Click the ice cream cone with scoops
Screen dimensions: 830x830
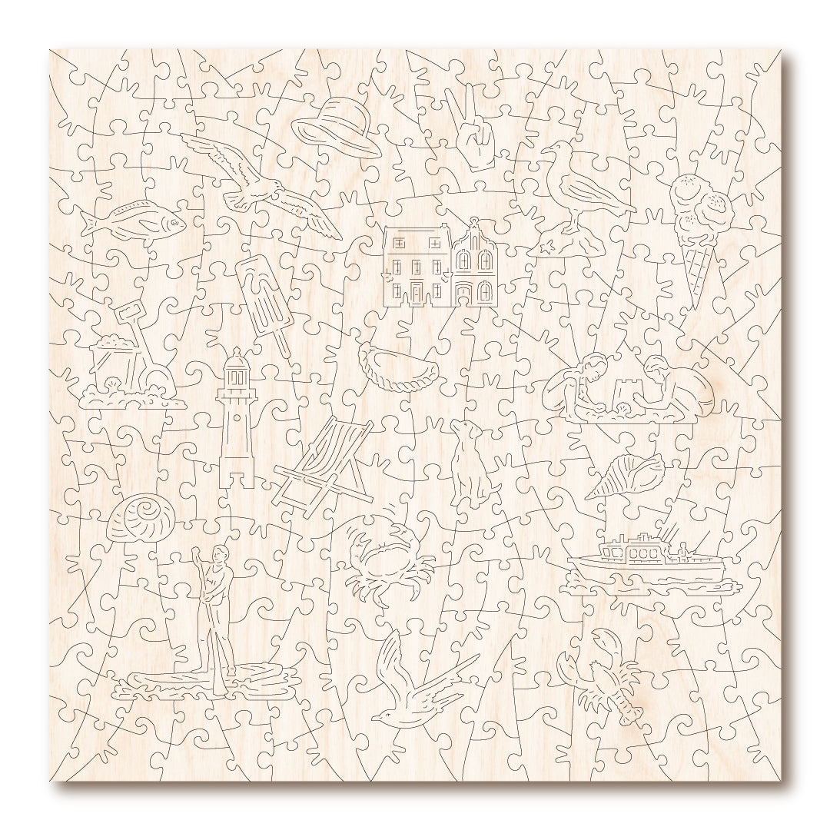tap(701, 231)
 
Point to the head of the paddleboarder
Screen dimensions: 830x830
tap(221, 553)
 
